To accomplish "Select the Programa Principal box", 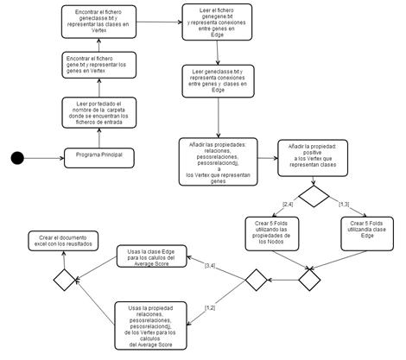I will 100,155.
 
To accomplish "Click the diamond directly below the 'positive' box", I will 314,195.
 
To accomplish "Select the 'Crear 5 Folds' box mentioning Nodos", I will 258,231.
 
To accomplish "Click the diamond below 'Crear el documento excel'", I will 64,280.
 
